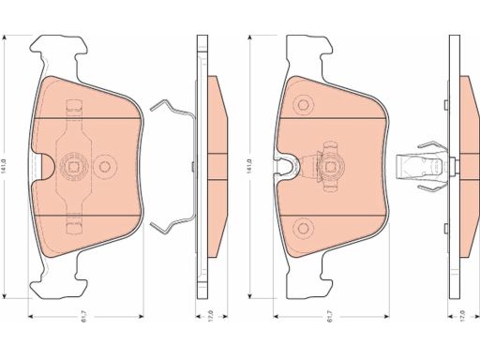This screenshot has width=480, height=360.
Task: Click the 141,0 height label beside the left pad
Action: click(x=5, y=167)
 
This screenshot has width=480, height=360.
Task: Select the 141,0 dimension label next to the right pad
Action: click(x=249, y=167)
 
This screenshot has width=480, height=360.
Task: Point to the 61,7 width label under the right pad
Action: click(x=331, y=317)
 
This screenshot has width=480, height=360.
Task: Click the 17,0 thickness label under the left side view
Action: click(x=211, y=316)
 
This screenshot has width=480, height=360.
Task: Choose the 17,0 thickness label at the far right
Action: click(x=463, y=316)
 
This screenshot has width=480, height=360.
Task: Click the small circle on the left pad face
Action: click(x=105, y=166)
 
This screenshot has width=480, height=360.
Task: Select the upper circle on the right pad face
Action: click(x=303, y=105)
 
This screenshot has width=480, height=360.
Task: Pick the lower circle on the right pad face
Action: click(x=303, y=229)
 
